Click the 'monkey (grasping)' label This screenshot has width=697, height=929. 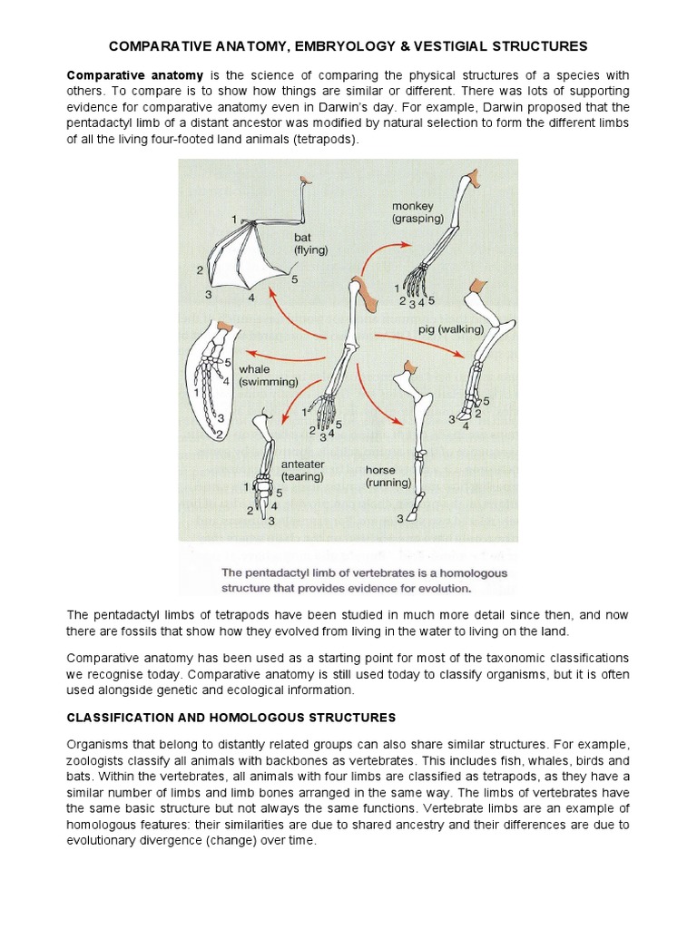tap(417, 212)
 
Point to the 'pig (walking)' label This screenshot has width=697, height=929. tap(451, 329)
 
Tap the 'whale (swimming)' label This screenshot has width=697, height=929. tap(267, 376)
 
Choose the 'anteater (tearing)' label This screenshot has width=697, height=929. tap(302, 470)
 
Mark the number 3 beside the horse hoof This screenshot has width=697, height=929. tap(399, 519)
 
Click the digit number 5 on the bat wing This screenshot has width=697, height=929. tap(294, 279)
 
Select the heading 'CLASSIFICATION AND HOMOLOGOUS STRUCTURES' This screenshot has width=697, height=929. tap(231, 718)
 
